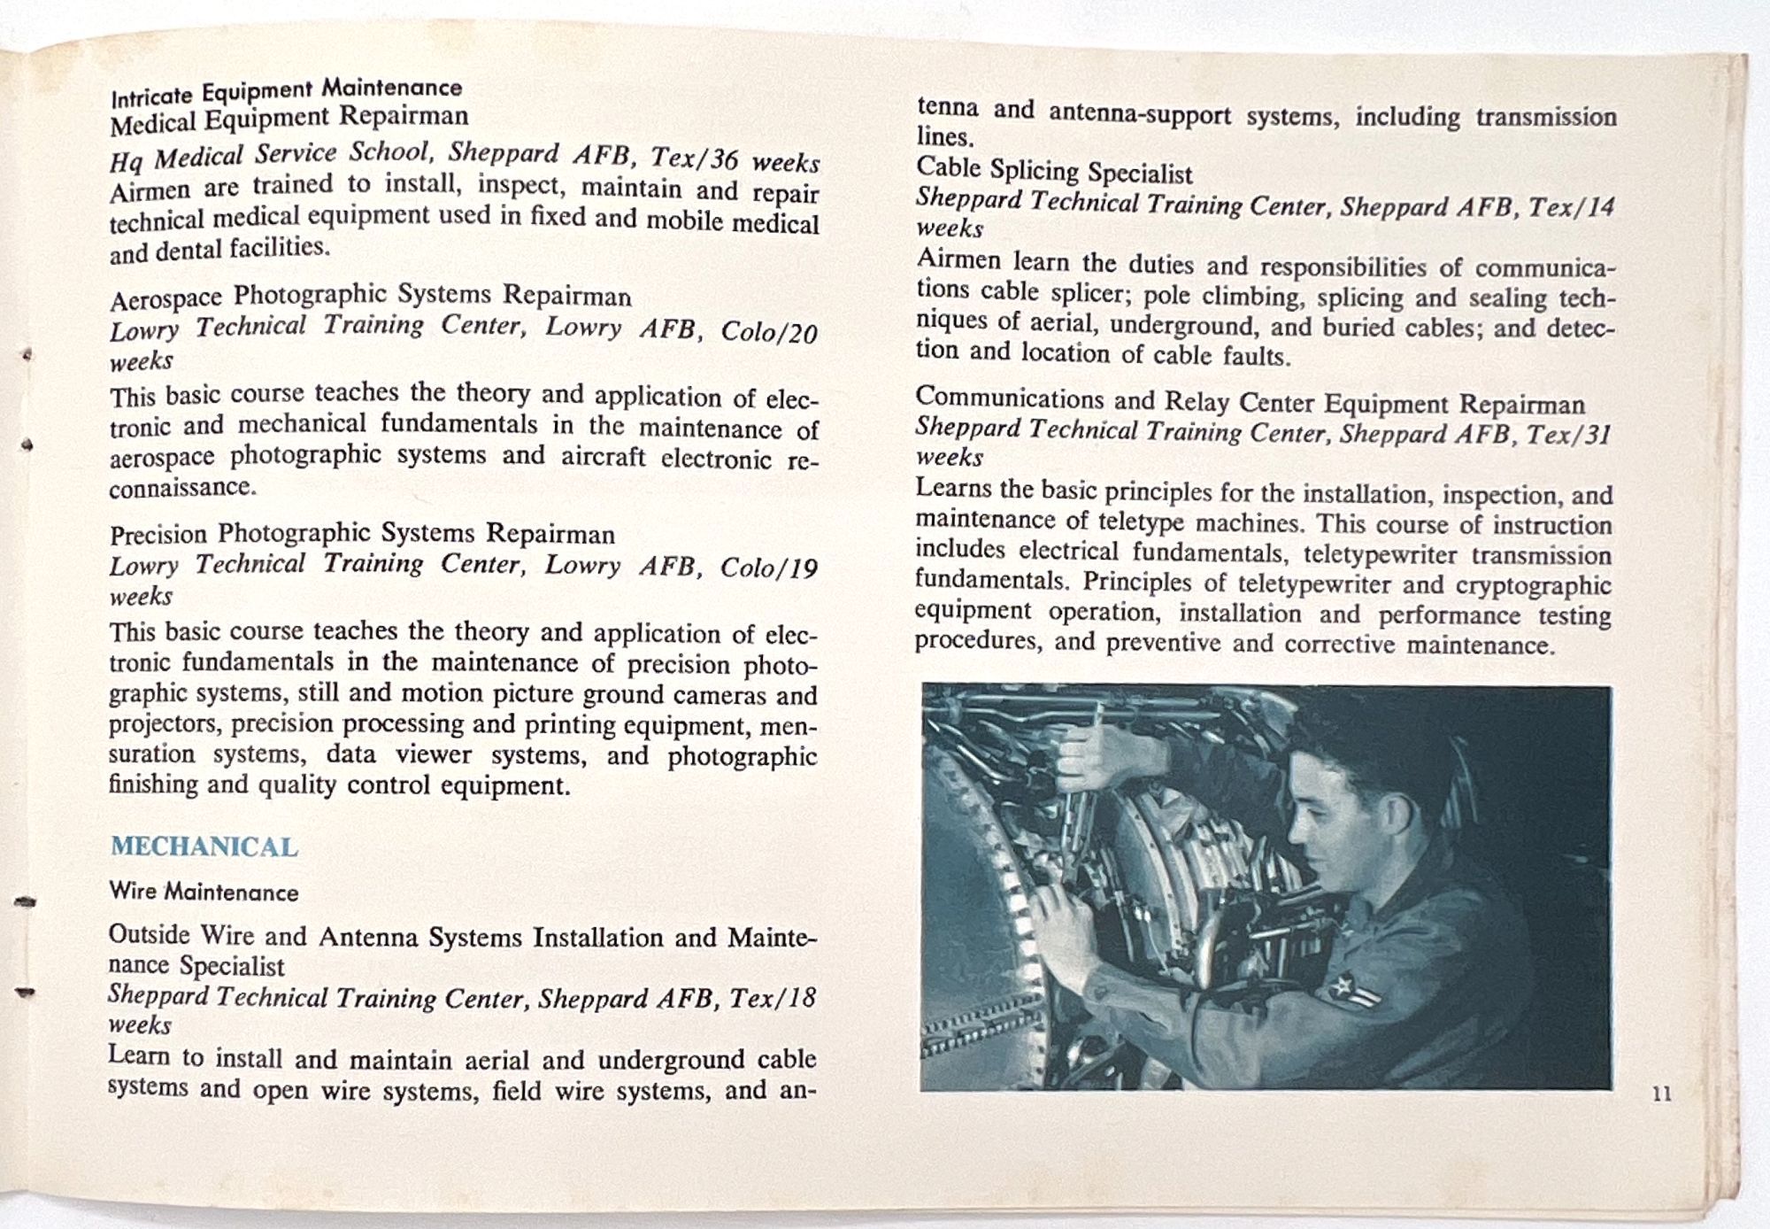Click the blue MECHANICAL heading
tap(204, 846)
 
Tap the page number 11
tap(1661, 1094)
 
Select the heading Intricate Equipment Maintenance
tap(286, 89)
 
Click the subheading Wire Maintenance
tap(204, 892)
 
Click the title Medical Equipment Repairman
tap(289, 118)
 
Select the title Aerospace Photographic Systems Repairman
tap(370, 296)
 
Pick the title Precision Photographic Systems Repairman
tap(362, 534)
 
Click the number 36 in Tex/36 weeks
tap(724, 160)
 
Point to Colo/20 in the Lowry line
tap(768, 332)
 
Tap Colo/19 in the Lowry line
tap(768, 568)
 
